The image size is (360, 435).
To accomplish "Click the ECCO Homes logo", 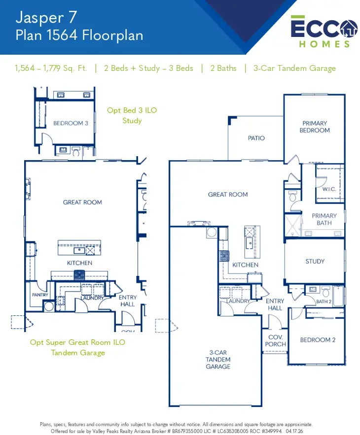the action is (x=324, y=32).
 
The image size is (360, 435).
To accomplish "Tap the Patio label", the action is (x=256, y=138).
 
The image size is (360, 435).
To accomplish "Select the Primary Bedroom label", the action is (x=315, y=127).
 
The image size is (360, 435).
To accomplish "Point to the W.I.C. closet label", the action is (x=329, y=189).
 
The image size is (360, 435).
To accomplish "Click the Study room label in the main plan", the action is (x=315, y=261).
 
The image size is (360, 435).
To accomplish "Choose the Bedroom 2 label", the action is (x=318, y=340).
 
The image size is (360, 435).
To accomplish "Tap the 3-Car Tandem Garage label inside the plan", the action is (x=218, y=360).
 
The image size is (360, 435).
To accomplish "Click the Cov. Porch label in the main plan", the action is (x=275, y=341).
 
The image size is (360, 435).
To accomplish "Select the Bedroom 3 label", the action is (x=71, y=123).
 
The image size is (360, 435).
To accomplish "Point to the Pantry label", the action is (x=40, y=295).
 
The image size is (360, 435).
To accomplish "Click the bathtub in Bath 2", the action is (x=338, y=296).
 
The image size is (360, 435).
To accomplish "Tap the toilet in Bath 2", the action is (x=326, y=292).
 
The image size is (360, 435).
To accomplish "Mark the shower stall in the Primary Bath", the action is (x=293, y=226).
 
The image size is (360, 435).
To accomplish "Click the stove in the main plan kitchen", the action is (x=224, y=256).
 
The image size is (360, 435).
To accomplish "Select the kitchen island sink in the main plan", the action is (x=249, y=243).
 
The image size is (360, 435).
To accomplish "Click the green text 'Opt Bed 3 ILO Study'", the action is (x=132, y=115).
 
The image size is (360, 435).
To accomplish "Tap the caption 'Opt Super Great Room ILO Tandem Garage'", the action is (x=78, y=347).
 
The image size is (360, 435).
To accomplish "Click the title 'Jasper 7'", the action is (x=46, y=17).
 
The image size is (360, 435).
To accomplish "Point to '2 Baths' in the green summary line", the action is (x=223, y=68).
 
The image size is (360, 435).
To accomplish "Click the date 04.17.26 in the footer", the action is (x=294, y=431).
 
